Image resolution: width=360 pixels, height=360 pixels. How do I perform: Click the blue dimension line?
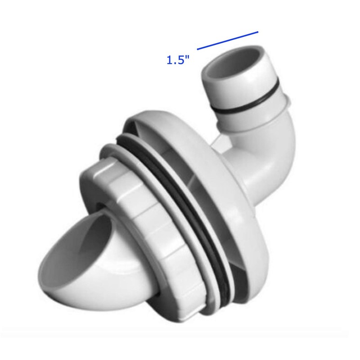pyautogui.click(x=228, y=40)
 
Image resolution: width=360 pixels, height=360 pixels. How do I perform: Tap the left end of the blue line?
pyautogui.click(x=198, y=48)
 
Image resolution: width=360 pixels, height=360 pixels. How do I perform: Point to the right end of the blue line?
pyautogui.click(x=258, y=31)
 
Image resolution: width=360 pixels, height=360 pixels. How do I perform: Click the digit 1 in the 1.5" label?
pyautogui.click(x=170, y=60)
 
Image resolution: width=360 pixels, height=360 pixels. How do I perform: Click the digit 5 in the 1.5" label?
pyautogui.click(x=181, y=60)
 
